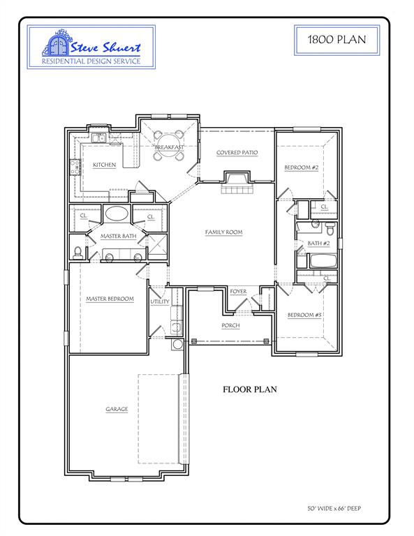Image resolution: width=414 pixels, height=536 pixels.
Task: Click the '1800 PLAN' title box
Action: pos(337,39)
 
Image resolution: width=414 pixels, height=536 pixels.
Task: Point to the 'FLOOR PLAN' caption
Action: pos(250,389)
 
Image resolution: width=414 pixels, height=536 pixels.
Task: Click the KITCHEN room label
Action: pos(104,165)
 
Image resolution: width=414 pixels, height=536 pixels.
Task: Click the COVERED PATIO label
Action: pos(237,152)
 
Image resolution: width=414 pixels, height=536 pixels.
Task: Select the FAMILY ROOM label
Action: pos(223,232)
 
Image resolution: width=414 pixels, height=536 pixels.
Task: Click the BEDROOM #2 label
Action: pos(302,168)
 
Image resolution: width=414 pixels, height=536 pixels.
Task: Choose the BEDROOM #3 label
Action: pos(304,315)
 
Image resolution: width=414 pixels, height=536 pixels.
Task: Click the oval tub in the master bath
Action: pos(116,214)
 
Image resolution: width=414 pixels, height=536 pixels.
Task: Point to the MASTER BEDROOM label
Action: pos(110,299)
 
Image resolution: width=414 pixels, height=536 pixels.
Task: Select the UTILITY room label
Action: pos(160,301)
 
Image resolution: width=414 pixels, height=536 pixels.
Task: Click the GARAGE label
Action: pos(117,409)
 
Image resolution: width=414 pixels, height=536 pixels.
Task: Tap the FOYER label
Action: pos(238,291)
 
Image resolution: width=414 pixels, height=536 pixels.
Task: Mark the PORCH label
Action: pos(230,325)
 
